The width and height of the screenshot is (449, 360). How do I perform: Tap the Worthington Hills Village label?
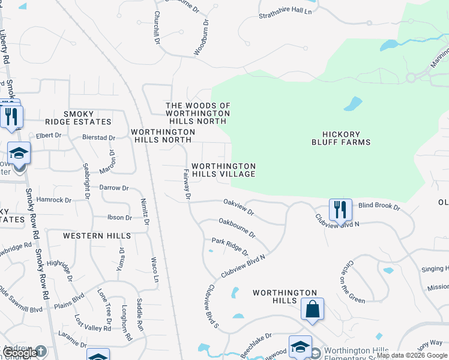coord(223,170)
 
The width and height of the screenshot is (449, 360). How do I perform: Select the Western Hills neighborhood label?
coord(92,236)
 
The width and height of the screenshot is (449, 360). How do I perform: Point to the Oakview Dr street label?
coord(239,208)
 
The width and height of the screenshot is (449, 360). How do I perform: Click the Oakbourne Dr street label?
coord(237,227)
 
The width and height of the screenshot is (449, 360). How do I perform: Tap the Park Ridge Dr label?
coord(229,247)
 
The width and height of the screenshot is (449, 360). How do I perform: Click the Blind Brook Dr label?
coord(379,206)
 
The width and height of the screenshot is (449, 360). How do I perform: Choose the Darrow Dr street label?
coord(114,188)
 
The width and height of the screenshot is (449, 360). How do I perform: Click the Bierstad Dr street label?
coord(98,137)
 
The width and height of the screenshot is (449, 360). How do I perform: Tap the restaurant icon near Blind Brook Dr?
coord(340,210)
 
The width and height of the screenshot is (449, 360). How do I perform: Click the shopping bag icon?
coord(312,310)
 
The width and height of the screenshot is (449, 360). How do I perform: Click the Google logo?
coord(19,353)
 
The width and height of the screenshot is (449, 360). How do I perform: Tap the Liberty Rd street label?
coord(5,48)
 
